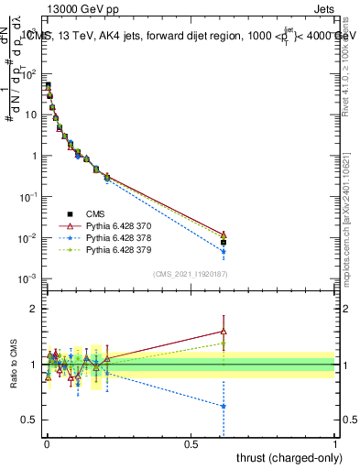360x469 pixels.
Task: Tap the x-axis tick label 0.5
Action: [x=190, y=442]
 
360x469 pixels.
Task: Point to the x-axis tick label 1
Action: [x=334, y=442]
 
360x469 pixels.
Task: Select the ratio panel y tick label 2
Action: [x=34, y=309]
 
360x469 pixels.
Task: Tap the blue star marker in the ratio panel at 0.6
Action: [x=224, y=406]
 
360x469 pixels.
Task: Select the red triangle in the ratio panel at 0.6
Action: [x=224, y=332]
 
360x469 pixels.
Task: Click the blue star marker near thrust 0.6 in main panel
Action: [x=224, y=252]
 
